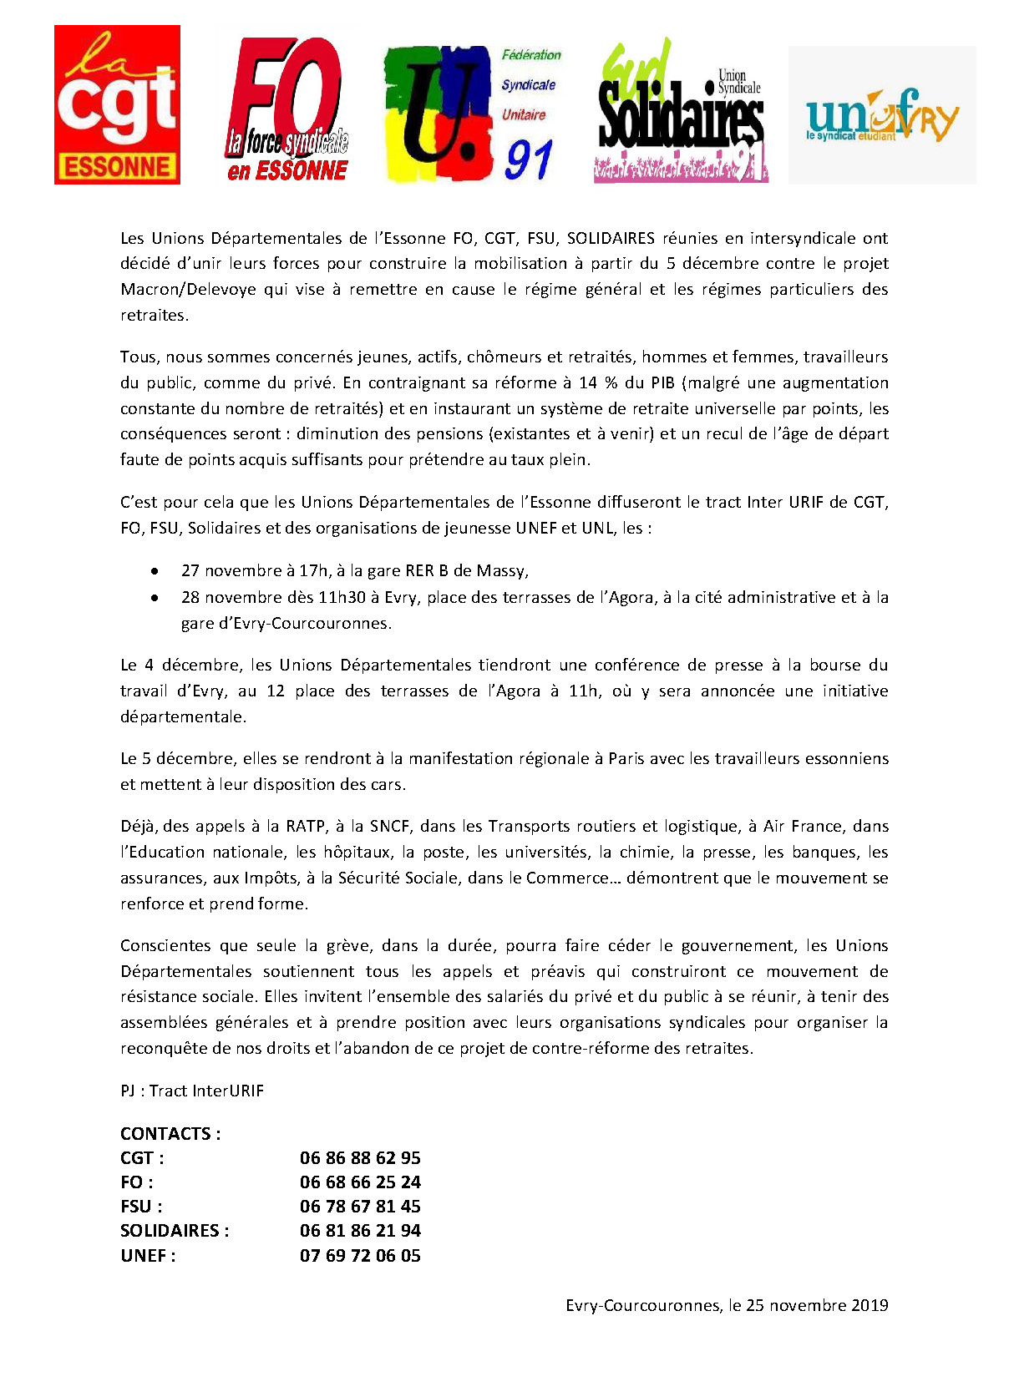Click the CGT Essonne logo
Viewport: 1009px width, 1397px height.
pyautogui.click(x=117, y=104)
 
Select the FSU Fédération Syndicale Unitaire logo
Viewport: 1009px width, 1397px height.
pyautogui.click(x=472, y=114)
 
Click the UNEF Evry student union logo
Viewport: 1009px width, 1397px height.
pyautogui.click(x=882, y=115)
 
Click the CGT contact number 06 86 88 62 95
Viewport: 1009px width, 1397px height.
pyautogui.click(x=360, y=1158)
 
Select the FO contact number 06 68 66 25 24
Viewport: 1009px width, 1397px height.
pyautogui.click(x=360, y=1182)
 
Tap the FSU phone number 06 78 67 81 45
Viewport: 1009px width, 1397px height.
pyautogui.click(x=360, y=1207)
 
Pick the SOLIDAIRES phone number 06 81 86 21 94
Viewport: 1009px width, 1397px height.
pyautogui.click(x=360, y=1231)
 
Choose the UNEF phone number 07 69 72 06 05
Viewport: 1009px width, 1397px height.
pyautogui.click(x=360, y=1256)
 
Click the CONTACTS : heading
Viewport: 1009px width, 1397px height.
pyautogui.click(x=170, y=1134)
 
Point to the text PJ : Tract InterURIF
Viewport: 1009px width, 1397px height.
pyautogui.click(x=191, y=1091)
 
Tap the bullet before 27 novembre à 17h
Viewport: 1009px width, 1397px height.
pyautogui.click(x=155, y=571)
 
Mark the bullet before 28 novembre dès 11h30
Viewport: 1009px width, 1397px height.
pyautogui.click(x=155, y=598)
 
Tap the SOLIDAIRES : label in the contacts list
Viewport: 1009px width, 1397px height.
pyautogui.click(x=174, y=1231)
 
